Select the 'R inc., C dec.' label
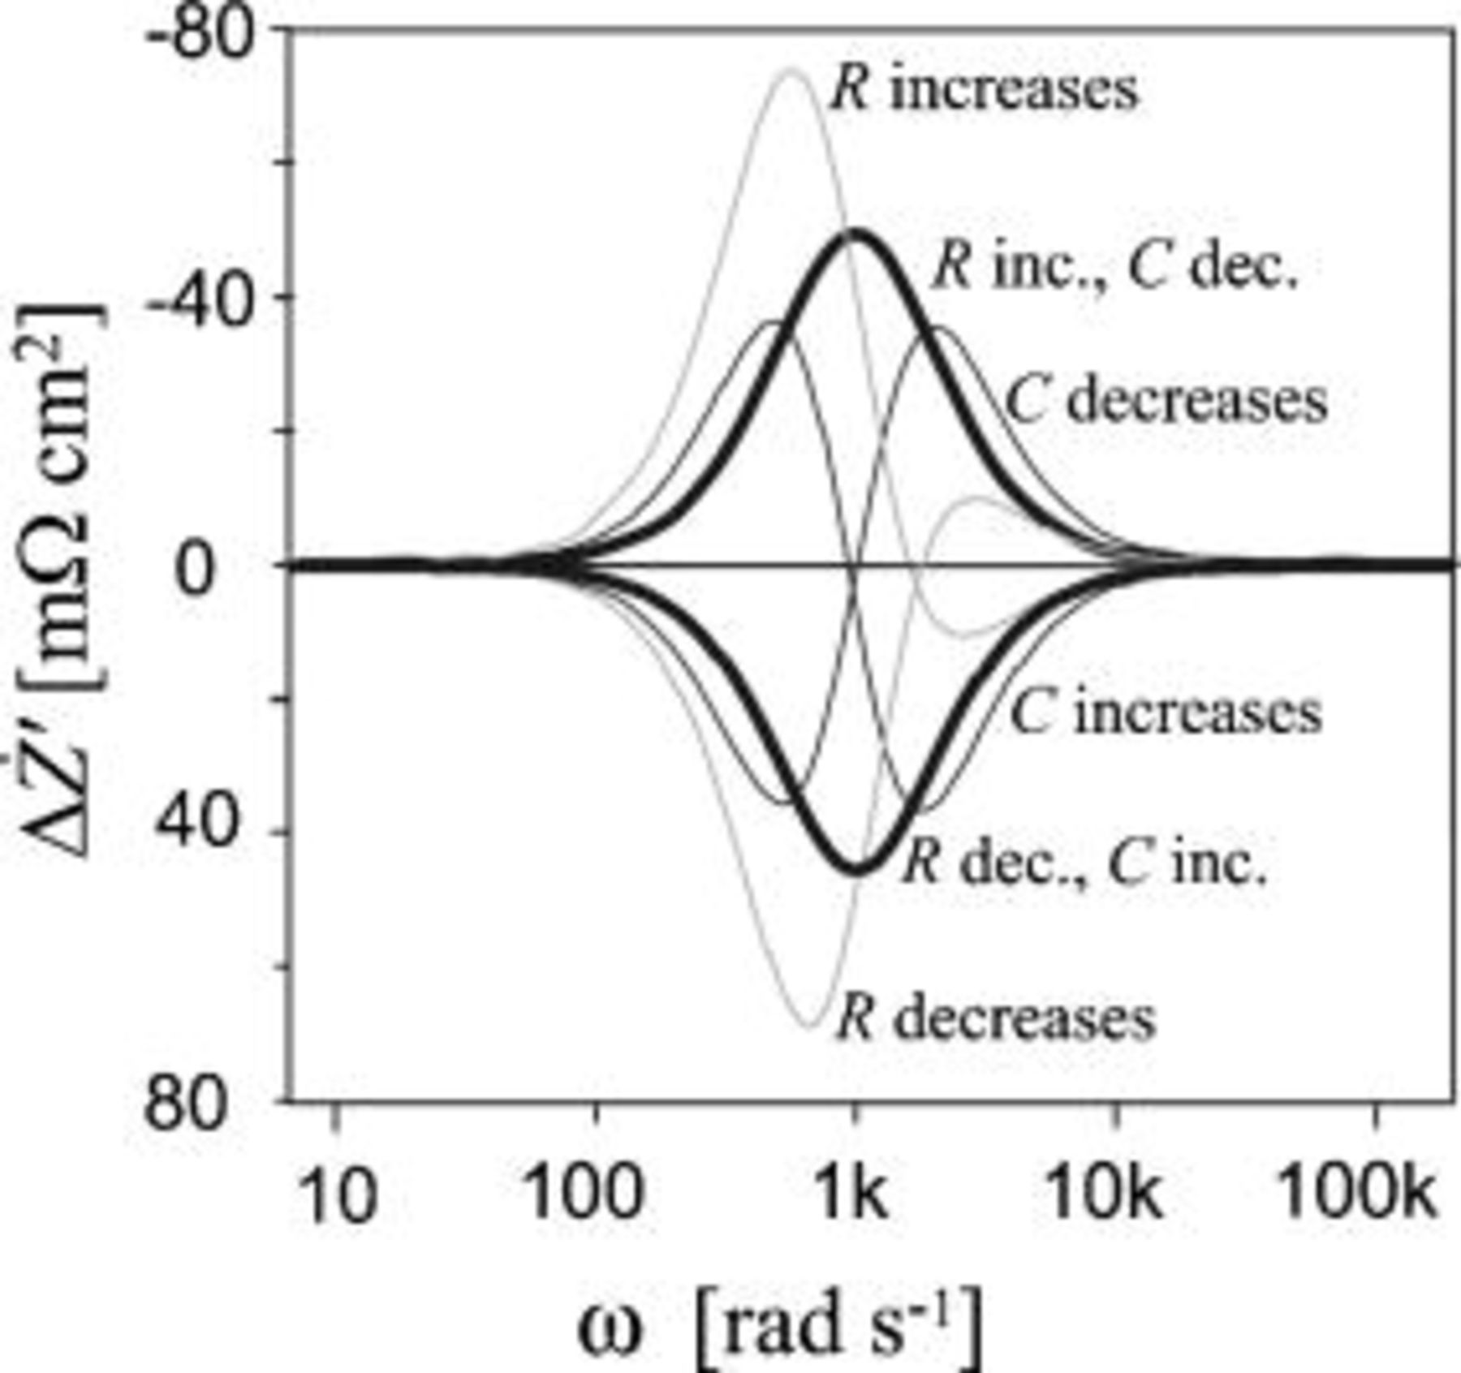(x=1115, y=268)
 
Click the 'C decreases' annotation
(x=1166, y=401)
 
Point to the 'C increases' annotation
(x=1166, y=713)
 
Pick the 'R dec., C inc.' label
(x=1084, y=863)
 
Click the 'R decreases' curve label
(x=995, y=1018)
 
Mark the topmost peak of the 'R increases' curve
(x=791, y=70)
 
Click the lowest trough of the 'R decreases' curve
(x=809, y=1026)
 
